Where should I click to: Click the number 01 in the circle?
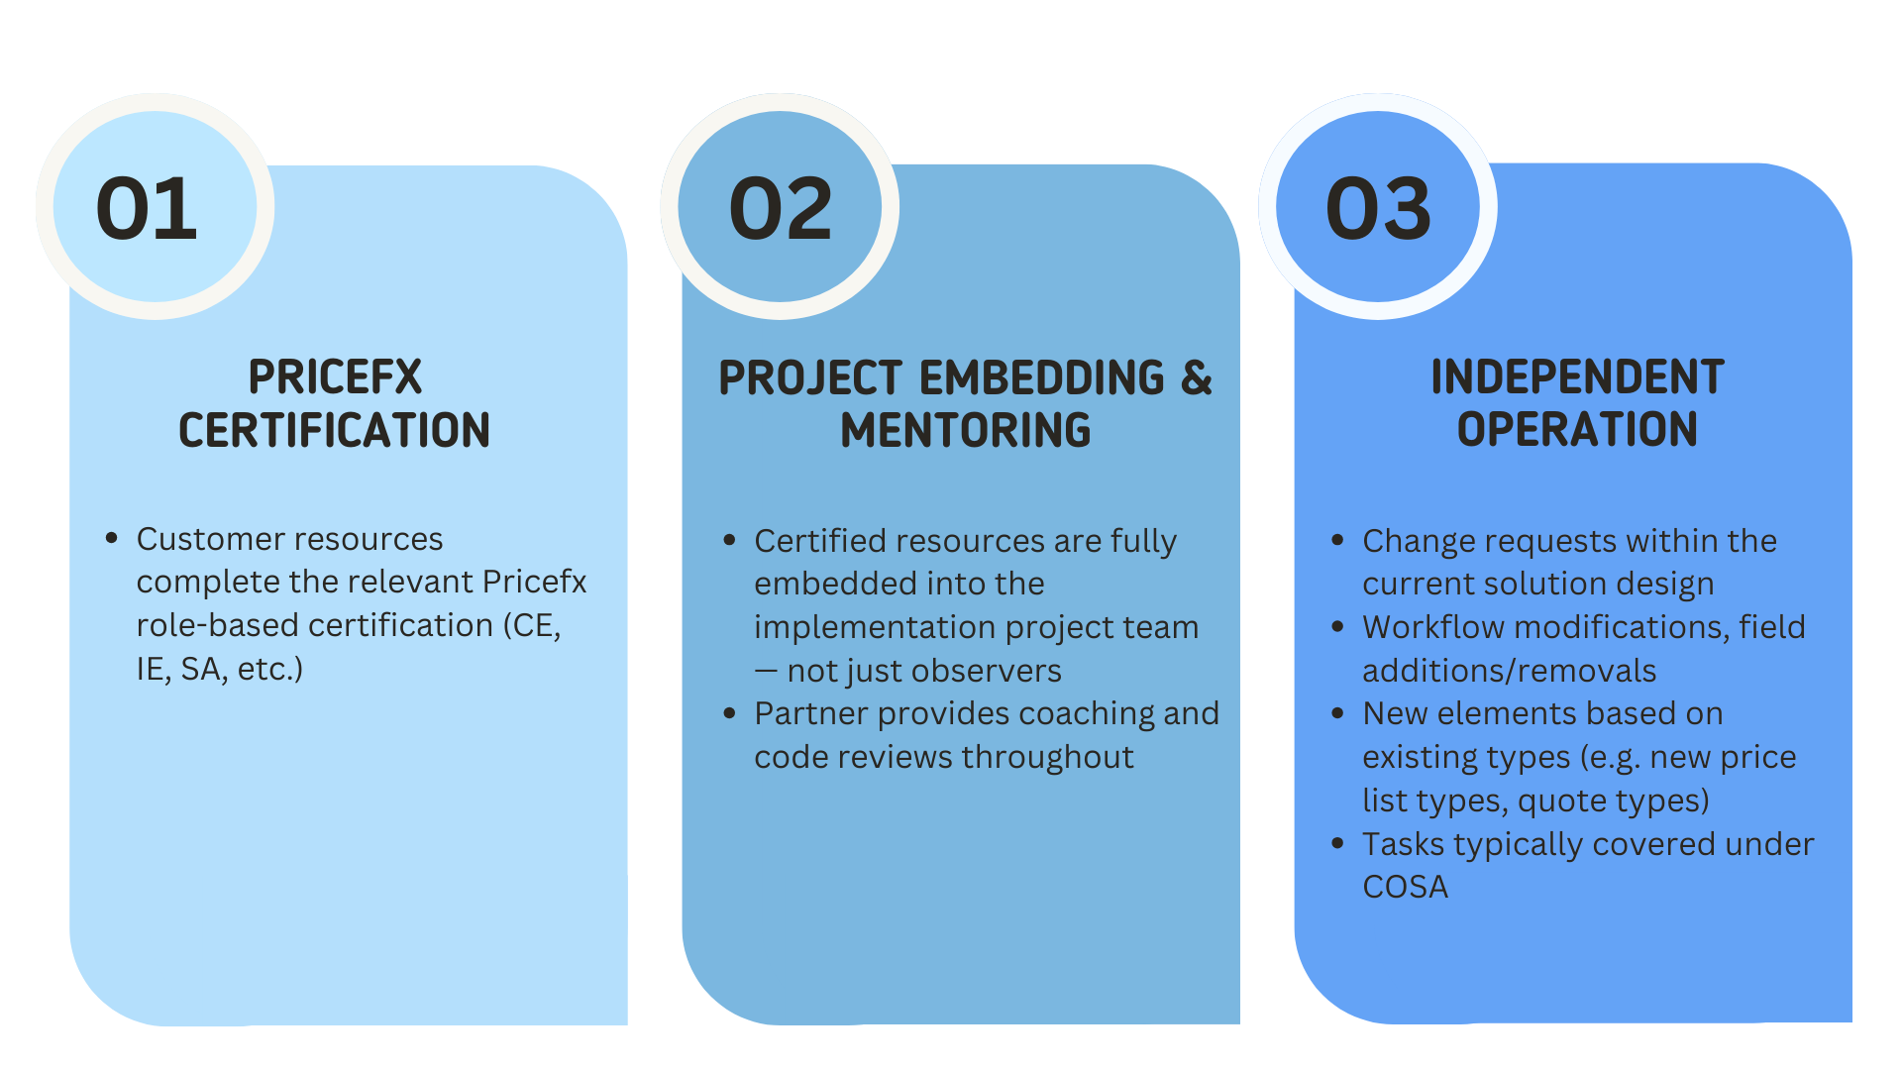pyautogui.click(x=147, y=209)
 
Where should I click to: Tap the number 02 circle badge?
pyautogui.click(x=780, y=206)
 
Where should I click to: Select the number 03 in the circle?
pyautogui.click(x=1378, y=209)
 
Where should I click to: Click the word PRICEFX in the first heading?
pyautogui.click(x=335, y=377)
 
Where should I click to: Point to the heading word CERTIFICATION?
pyautogui.click(x=335, y=430)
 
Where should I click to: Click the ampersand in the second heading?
pyautogui.click(x=1197, y=377)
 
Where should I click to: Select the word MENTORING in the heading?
pyautogui.click(x=966, y=430)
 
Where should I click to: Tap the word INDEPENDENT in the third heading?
pyautogui.click(x=1577, y=377)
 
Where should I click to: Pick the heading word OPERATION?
pyautogui.click(x=1577, y=430)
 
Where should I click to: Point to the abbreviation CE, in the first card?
pyautogui.click(x=537, y=626)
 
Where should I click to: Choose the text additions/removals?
pyautogui.click(x=1509, y=671)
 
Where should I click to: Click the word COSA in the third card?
pyautogui.click(x=1405, y=887)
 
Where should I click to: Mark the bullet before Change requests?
pyautogui.click(x=1337, y=540)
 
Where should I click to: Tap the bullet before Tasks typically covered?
pyautogui.click(x=1337, y=843)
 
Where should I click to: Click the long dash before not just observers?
pyautogui.click(x=766, y=671)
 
